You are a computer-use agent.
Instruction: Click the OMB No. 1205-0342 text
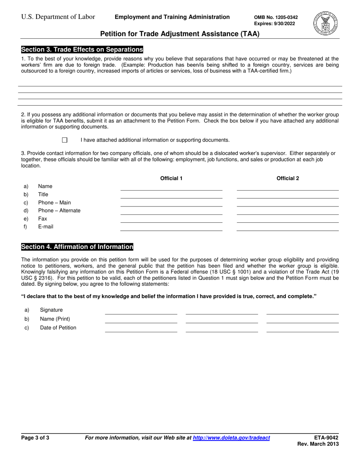pyautogui.click(x=275, y=17)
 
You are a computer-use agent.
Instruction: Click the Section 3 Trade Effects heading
pyautogui.click(x=82, y=50)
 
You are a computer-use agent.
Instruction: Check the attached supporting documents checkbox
pyautogui.click(x=64, y=140)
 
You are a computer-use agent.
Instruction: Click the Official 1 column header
pyautogui.click(x=171, y=178)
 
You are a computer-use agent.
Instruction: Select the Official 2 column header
pyautogui.click(x=288, y=178)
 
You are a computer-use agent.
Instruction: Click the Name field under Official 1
pyautogui.click(x=171, y=187)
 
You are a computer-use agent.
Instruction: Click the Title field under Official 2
pyautogui.click(x=288, y=195)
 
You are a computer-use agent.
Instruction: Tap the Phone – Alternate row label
pyautogui.click(x=59, y=211)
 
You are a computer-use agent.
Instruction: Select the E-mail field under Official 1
pyautogui.click(x=171, y=227)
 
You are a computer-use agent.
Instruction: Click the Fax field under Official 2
pyautogui.click(x=288, y=219)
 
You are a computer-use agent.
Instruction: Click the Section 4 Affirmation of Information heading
pyautogui.click(x=77, y=247)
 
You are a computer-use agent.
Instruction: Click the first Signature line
pyautogui.click(x=141, y=311)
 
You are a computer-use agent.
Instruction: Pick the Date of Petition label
pyautogui.click(x=58, y=328)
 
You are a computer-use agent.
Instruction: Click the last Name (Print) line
pyautogui.click(x=302, y=320)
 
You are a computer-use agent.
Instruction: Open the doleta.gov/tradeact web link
pyautogui.click(x=231, y=438)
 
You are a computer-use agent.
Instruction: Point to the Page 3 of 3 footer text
pyautogui.click(x=35, y=438)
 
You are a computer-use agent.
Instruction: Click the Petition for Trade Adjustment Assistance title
pyautogui.click(x=180, y=34)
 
